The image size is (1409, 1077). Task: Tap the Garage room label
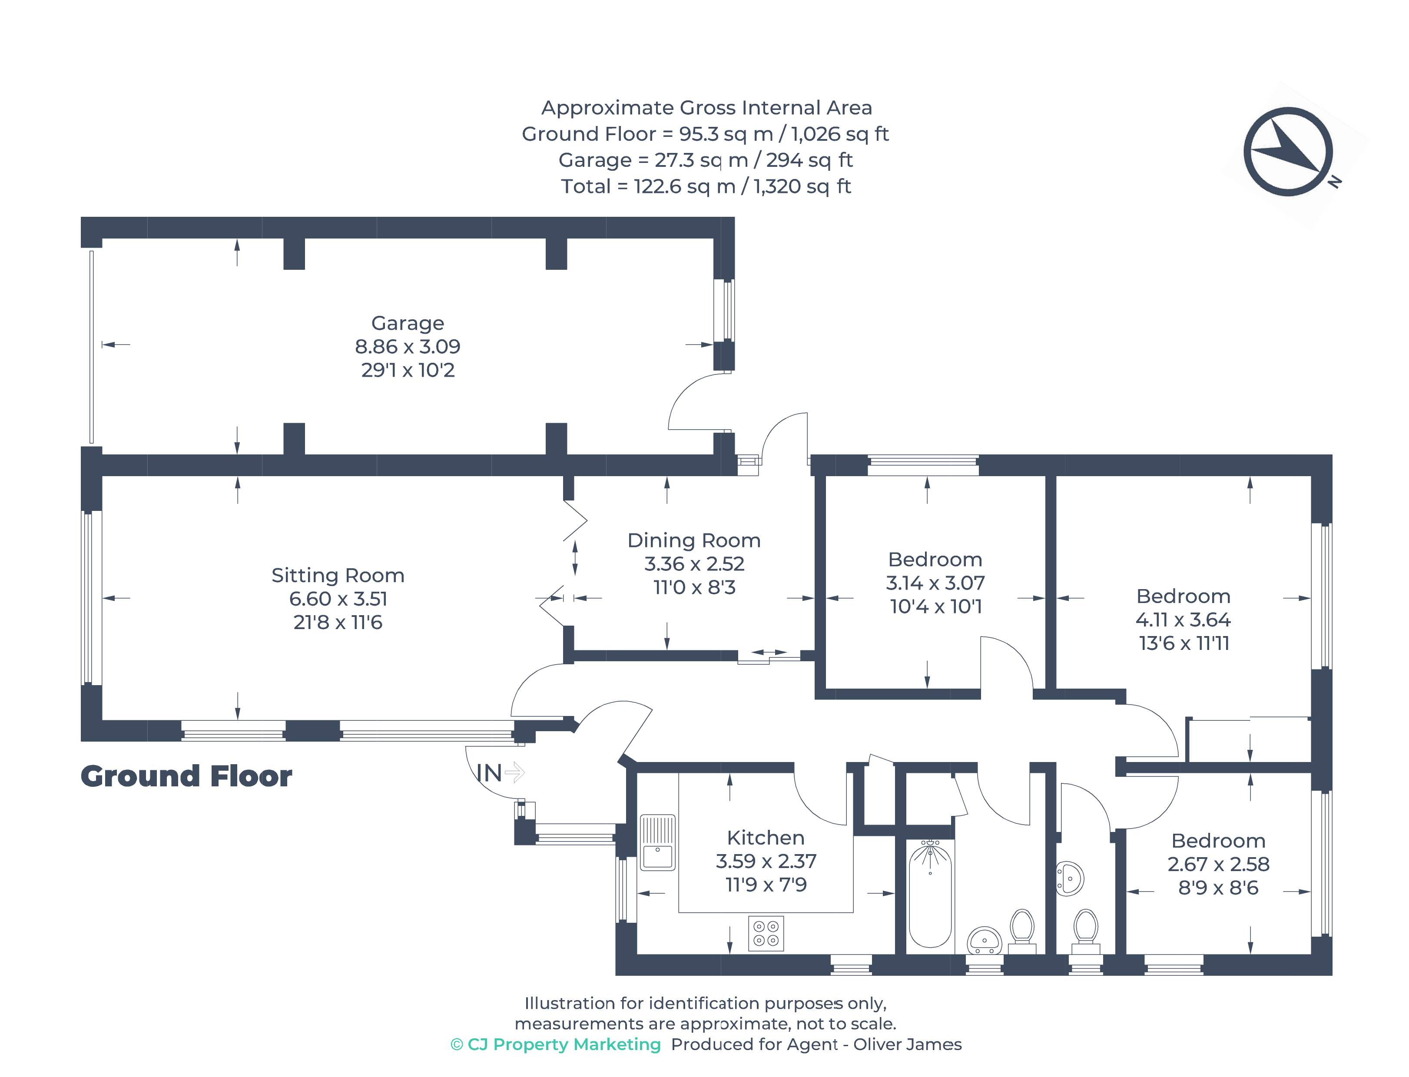[407, 323]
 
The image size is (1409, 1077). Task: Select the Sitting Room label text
[338, 575]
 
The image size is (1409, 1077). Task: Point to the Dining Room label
[693, 540]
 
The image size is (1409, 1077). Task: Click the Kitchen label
[766, 838]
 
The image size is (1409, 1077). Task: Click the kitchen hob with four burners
[766, 933]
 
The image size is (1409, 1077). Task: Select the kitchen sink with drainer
[658, 842]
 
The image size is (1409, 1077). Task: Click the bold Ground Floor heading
[186, 776]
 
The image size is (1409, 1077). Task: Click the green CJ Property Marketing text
[555, 1044]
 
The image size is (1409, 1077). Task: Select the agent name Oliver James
[907, 1044]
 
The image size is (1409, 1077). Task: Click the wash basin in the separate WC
[1069, 878]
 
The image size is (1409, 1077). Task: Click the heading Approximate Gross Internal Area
[706, 108]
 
